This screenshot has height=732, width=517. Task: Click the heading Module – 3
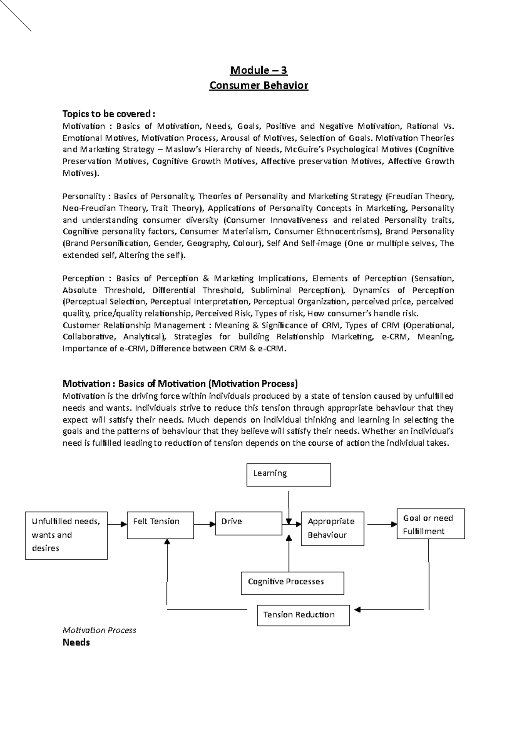coord(258,70)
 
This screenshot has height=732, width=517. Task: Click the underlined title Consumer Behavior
coord(258,85)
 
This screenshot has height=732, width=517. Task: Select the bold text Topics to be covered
coord(108,114)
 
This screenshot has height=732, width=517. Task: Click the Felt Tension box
coord(160,525)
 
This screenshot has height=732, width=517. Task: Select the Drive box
coord(249,523)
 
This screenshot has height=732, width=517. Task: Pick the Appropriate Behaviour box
coord(332,529)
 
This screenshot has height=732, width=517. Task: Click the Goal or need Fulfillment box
coord(430,524)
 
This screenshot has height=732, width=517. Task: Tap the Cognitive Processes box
coord(292,583)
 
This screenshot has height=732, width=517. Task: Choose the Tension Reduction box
coord(303,615)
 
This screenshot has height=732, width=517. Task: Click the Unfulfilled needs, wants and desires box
coord(66,535)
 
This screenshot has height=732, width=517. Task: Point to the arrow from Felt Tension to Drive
coord(205,524)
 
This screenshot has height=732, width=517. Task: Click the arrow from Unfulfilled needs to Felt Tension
coord(117,524)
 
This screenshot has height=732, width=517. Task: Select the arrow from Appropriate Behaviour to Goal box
coord(381,524)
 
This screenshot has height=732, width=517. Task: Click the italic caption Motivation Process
coord(99,630)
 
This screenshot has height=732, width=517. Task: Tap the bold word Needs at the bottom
coord(76,643)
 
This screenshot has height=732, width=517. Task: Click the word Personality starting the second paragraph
coord(84,197)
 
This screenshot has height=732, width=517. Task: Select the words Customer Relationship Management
coord(134,325)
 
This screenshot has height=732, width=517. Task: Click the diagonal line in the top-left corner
coord(16,16)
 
